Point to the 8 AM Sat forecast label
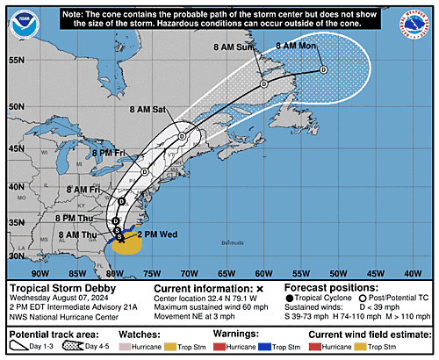(x=146, y=109)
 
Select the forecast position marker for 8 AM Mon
(x=323, y=69)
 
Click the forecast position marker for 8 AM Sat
(x=182, y=137)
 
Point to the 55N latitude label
(x=16, y=61)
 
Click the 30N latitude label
(x=16, y=256)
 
